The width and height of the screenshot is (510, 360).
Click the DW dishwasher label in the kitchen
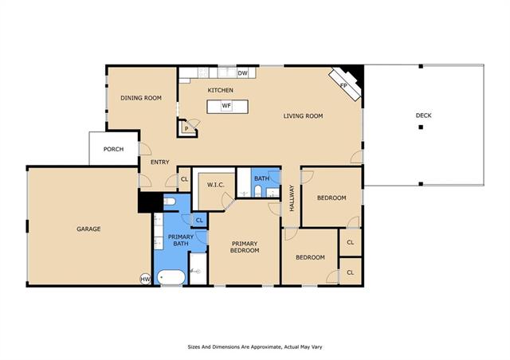[242, 73]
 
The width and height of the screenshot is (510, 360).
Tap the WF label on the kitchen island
[226, 106]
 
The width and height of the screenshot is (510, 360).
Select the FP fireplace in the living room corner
[344, 84]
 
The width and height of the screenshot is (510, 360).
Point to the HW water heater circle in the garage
[145, 279]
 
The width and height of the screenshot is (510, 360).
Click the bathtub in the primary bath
[171, 277]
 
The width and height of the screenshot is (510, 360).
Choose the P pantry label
[186, 129]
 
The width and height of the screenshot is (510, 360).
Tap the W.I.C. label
[216, 185]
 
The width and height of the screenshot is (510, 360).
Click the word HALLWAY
[292, 198]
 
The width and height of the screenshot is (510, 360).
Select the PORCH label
[113, 149]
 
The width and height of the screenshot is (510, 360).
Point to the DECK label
[423, 115]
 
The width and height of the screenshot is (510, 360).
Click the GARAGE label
[88, 229]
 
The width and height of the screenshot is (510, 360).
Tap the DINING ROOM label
[141, 98]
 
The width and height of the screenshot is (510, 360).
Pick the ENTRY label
[160, 162]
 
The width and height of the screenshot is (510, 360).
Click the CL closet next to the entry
[184, 179]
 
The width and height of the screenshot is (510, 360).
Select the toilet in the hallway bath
[257, 191]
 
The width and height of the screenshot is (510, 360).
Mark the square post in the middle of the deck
[421, 127]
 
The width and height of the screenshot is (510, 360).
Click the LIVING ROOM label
[303, 115]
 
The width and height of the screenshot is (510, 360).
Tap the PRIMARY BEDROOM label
[245, 247]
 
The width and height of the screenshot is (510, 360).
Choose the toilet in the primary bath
[169, 202]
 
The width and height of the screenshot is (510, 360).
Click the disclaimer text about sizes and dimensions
[255, 347]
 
